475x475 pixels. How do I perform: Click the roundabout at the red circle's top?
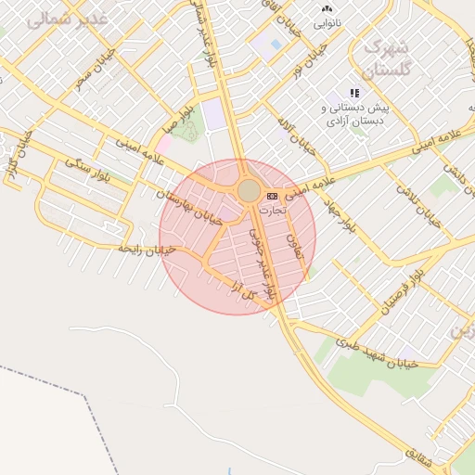tap(249, 190)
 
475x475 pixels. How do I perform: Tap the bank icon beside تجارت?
tap(272, 196)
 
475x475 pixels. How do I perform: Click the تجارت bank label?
tap(273, 211)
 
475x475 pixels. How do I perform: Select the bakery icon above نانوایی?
tap(327, 7)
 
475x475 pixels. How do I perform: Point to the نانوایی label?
tap(327, 20)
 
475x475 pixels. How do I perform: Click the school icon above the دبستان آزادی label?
tap(354, 93)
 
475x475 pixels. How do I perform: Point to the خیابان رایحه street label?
tap(148, 248)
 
